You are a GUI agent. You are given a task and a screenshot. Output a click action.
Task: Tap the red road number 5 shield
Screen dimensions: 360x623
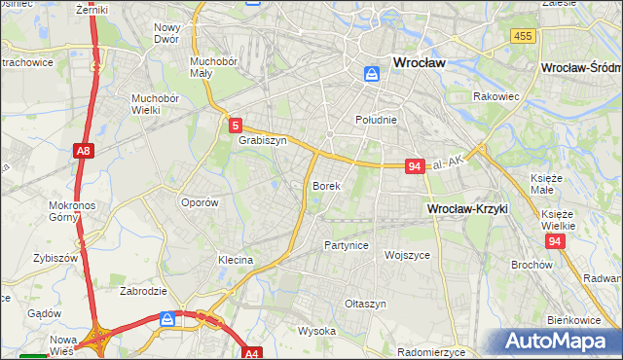point(236,125)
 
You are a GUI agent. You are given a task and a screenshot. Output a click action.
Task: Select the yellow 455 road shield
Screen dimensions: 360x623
point(522,36)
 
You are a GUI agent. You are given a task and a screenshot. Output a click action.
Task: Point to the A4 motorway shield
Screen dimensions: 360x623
point(251,353)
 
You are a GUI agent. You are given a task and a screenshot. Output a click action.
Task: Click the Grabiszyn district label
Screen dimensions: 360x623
point(262,140)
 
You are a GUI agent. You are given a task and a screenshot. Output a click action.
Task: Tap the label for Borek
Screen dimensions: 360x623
point(326,185)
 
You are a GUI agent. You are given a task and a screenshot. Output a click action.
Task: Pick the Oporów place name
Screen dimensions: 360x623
point(199,202)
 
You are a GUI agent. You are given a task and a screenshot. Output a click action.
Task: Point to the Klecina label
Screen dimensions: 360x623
point(236,260)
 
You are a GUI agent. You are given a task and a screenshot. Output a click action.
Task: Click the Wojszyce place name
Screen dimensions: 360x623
point(407,254)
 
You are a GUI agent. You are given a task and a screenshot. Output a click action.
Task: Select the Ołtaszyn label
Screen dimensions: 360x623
point(365,304)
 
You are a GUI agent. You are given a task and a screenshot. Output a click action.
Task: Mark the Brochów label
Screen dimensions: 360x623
point(531,265)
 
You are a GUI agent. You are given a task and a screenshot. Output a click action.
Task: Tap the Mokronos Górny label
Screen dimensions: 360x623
point(70,212)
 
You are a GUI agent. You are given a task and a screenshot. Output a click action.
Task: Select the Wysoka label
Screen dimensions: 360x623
point(316,331)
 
